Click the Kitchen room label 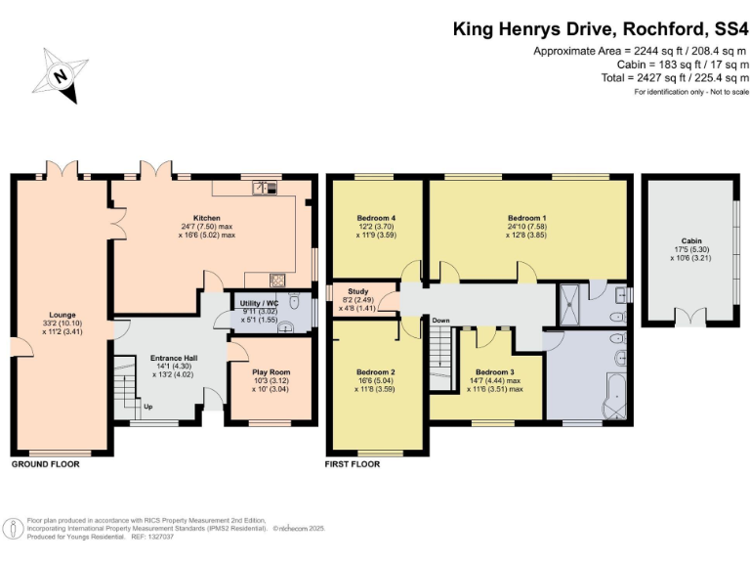click(x=206, y=217)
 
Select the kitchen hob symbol click(x=277, y=278)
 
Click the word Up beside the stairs click(x=148, y=407)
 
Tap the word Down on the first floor click(x=440, y=321)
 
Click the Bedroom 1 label click(x=526, y=217)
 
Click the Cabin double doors click(x=694, y=317)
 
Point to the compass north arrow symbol click(x=60, y=74)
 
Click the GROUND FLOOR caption click(x=45, y=464)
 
